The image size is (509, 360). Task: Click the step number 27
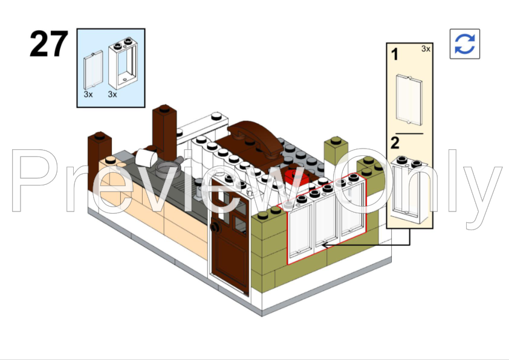pos(48,44)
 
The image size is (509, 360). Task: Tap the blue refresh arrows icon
pos(464,44)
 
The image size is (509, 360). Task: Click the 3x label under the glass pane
pos(88,95)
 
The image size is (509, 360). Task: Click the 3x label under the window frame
pos(112,95)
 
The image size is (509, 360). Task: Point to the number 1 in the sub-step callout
pos(395,55)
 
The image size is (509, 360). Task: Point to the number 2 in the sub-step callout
pos(395,143)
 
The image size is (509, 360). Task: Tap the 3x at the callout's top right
pos(426,49)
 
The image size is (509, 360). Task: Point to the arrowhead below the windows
pos(323,244)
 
